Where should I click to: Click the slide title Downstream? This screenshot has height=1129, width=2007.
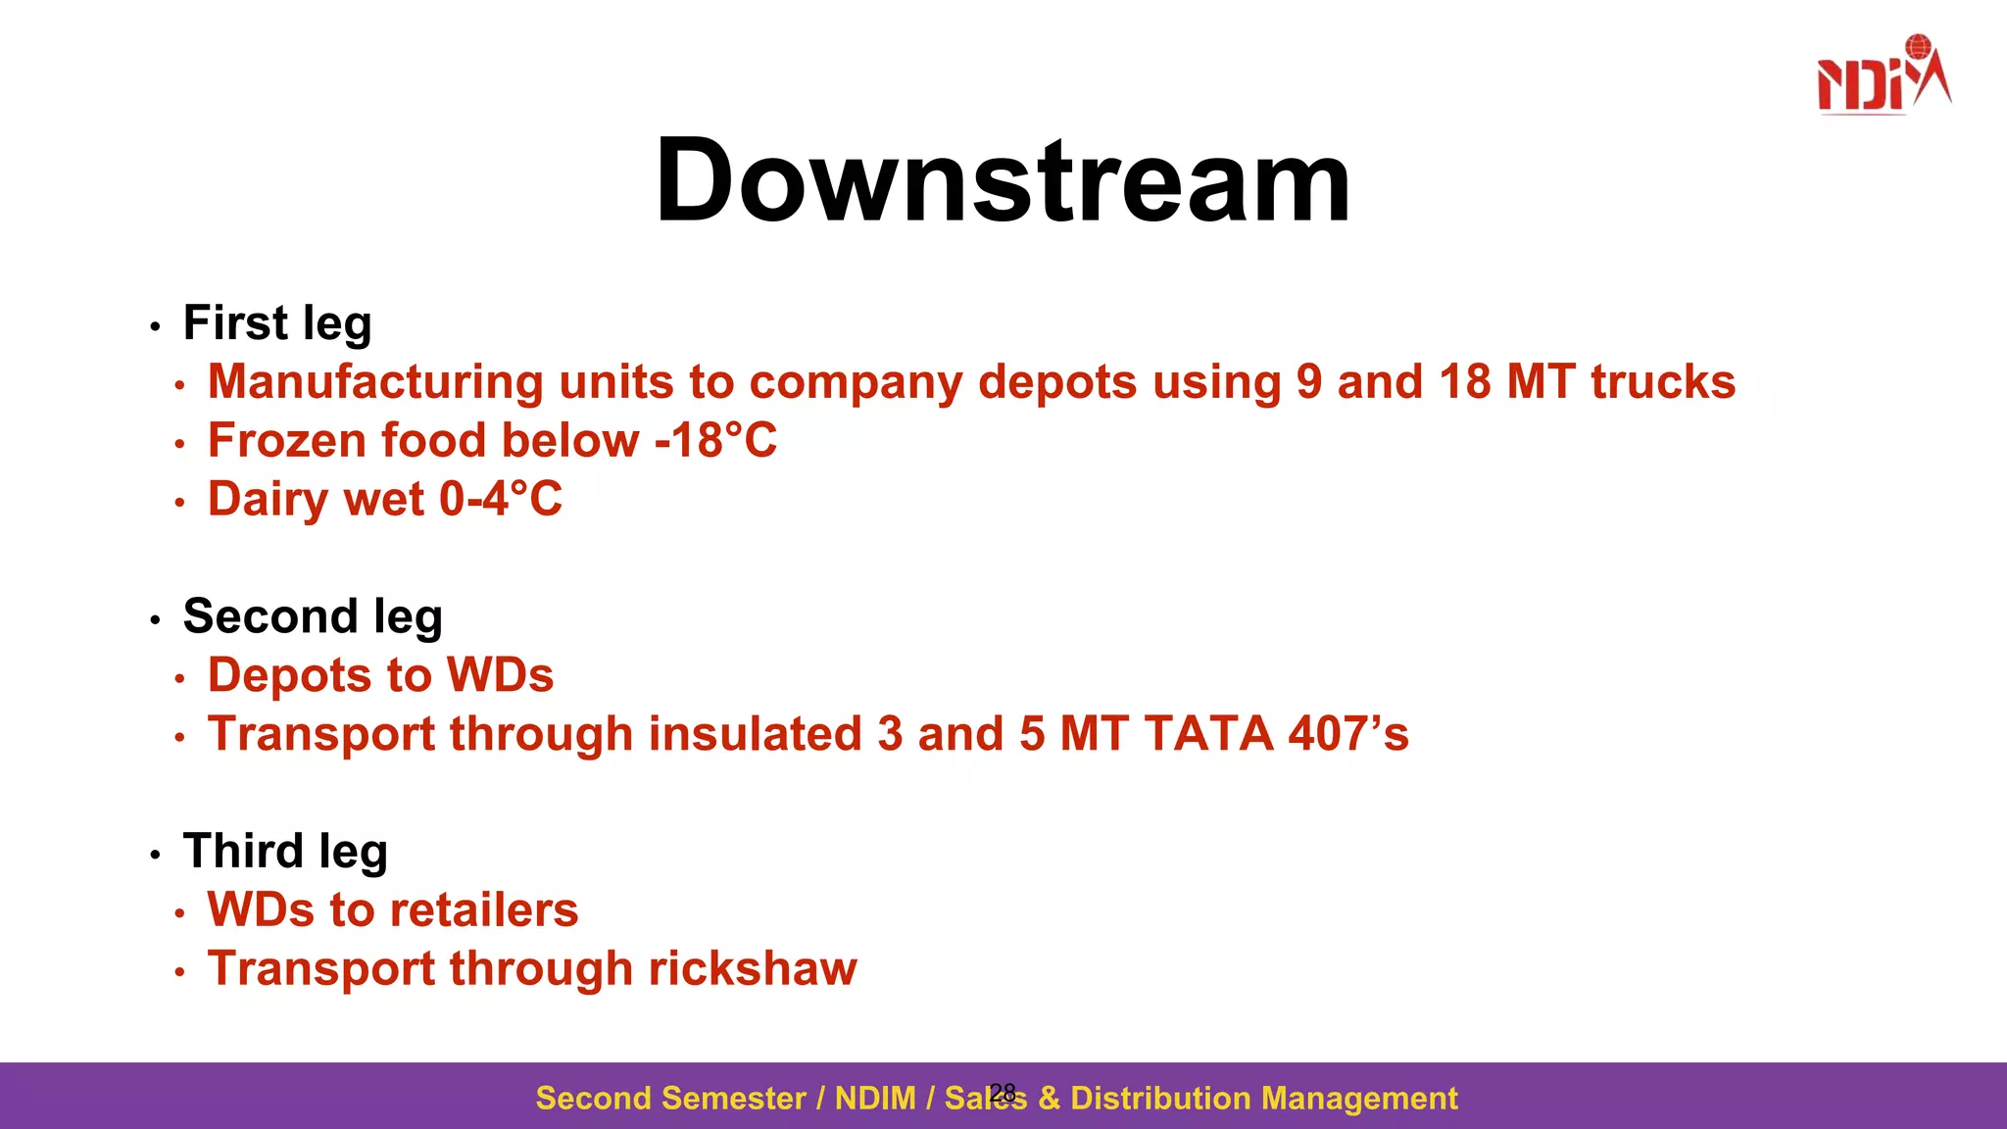1003,181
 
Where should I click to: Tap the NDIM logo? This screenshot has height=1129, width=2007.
1883,76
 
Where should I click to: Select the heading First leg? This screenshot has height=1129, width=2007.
277,323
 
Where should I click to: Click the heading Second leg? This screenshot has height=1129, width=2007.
313,617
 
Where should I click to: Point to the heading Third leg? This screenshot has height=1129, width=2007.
285,852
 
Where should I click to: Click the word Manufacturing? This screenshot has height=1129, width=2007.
375,382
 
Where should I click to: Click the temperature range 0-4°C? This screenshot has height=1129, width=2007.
501,500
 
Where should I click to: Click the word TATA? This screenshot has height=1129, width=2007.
1208,734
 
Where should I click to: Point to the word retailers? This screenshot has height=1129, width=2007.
481,910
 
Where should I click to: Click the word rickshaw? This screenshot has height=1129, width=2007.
752,969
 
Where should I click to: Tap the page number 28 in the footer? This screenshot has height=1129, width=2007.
1003,1093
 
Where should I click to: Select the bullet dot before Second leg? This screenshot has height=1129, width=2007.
155,620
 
